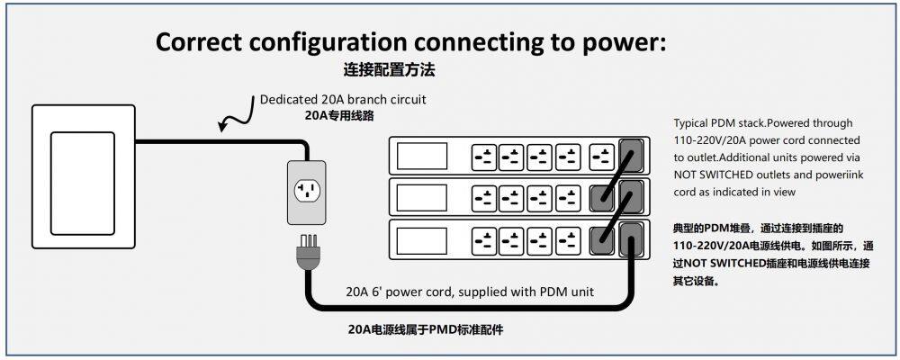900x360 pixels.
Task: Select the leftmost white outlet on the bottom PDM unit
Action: coord(484,239)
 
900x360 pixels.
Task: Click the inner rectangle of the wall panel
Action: coord(82,177)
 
